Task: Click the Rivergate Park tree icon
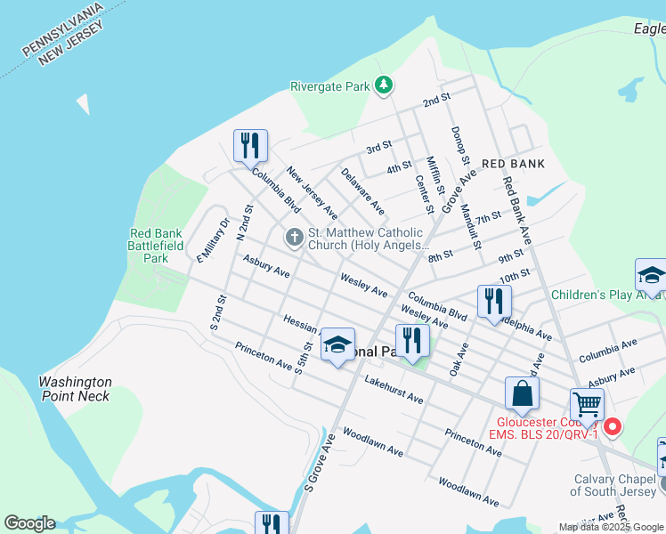click(x=384, y=85)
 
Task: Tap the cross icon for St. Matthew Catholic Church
click(x=293, y=238)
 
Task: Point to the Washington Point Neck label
click(x=76, y=389)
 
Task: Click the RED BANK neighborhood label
click(x=513, y=164)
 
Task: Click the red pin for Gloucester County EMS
click(x=613, y=427)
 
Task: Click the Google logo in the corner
click(x=29, y=523)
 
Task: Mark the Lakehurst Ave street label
click(x=394, y=389)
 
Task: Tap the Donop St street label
click(x=460, y=145)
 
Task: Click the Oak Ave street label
click(x=459, y=359)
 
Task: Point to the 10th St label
click(x=516, y=274)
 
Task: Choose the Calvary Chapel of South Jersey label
click(x=614, y=485)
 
